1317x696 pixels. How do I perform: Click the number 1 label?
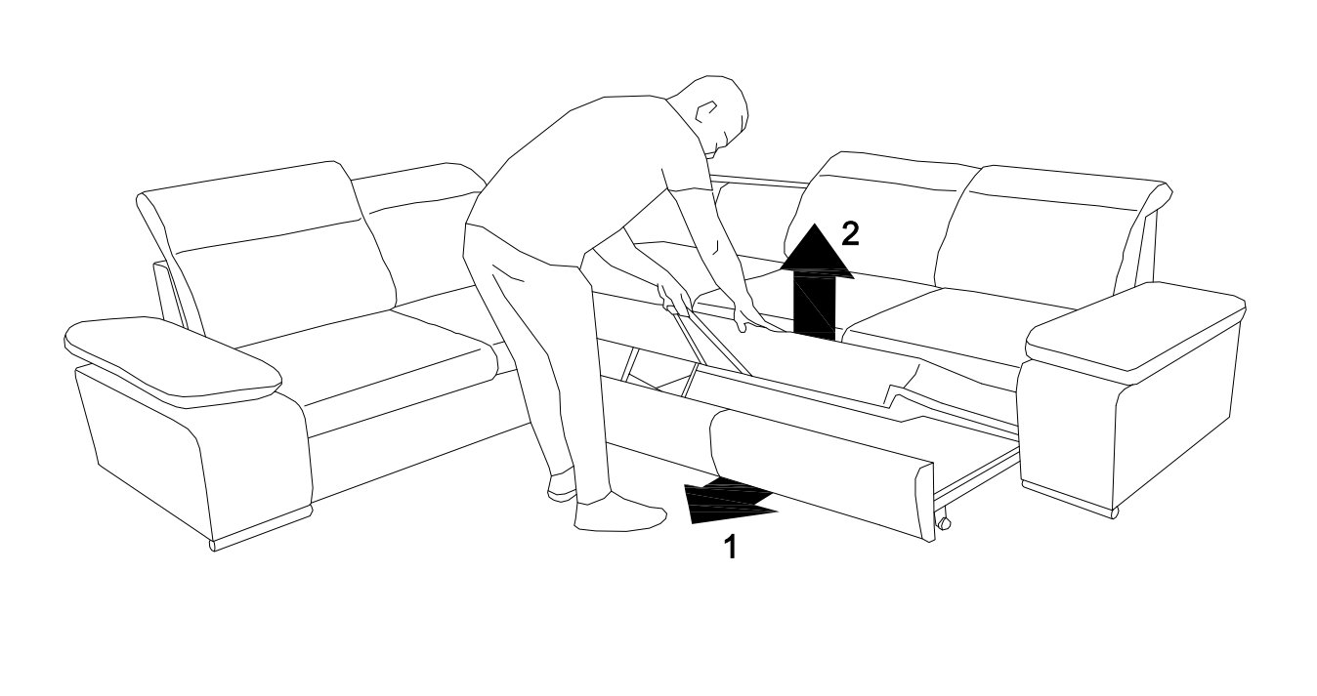click(730, 548)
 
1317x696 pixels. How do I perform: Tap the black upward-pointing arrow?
click(815, 282)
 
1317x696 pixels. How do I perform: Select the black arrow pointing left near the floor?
click(729, 501)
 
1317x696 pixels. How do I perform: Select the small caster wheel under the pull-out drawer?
click(943, 522)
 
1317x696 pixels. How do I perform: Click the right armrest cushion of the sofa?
click(1134, 330)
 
